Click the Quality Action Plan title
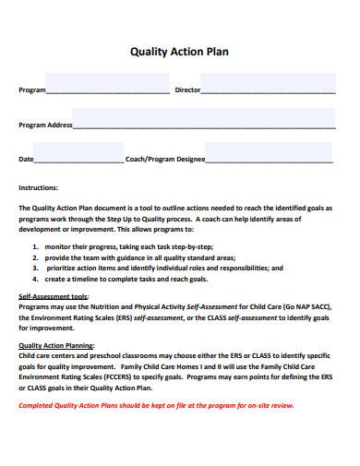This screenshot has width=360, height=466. coord(180,52)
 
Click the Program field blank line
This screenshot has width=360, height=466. coord(107,91)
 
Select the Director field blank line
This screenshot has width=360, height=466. coord(268,91)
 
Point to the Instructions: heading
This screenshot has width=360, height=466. coord(39,186)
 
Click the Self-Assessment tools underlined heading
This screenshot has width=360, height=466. coord(54,296)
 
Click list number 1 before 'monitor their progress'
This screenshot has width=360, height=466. coord(34,247)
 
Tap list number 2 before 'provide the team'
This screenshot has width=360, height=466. coord(34,257)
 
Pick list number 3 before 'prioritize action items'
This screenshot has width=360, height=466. coord(34,268)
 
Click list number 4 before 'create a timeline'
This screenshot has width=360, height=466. coord(34,278)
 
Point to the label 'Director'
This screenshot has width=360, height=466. coord(187,90)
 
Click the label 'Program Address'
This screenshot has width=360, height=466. coord(45,125)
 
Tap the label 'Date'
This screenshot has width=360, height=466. coord(26,159)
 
